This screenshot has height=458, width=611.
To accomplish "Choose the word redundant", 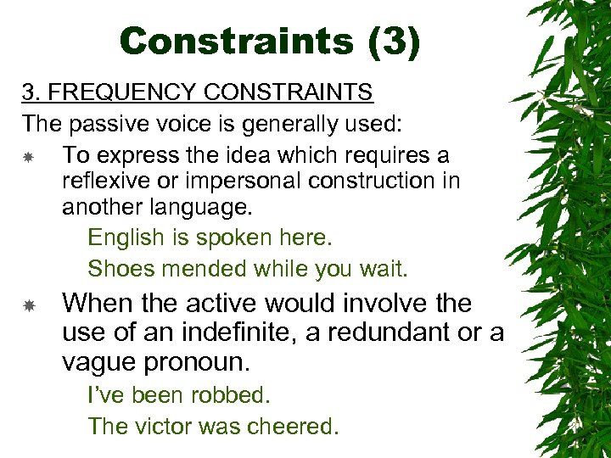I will click(389, 333).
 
